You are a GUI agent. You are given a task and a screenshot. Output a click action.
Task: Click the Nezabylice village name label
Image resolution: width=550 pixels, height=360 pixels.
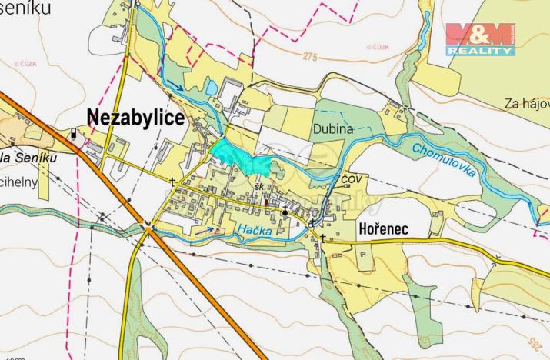click(135, 117)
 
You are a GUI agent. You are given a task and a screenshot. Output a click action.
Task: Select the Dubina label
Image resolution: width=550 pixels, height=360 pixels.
click(332, 129)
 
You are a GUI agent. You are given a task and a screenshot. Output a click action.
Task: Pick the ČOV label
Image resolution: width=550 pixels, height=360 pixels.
click(352, 178)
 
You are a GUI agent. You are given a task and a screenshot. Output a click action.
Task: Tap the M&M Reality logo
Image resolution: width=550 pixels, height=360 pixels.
click(480, 38)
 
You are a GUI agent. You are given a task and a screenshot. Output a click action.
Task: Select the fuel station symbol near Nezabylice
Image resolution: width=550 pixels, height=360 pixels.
click(74, 132)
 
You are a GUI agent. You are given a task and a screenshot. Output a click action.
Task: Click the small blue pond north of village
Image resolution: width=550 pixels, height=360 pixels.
click(209, 88)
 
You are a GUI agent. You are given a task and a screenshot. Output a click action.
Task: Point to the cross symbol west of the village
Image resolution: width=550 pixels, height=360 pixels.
click(172, 182)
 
